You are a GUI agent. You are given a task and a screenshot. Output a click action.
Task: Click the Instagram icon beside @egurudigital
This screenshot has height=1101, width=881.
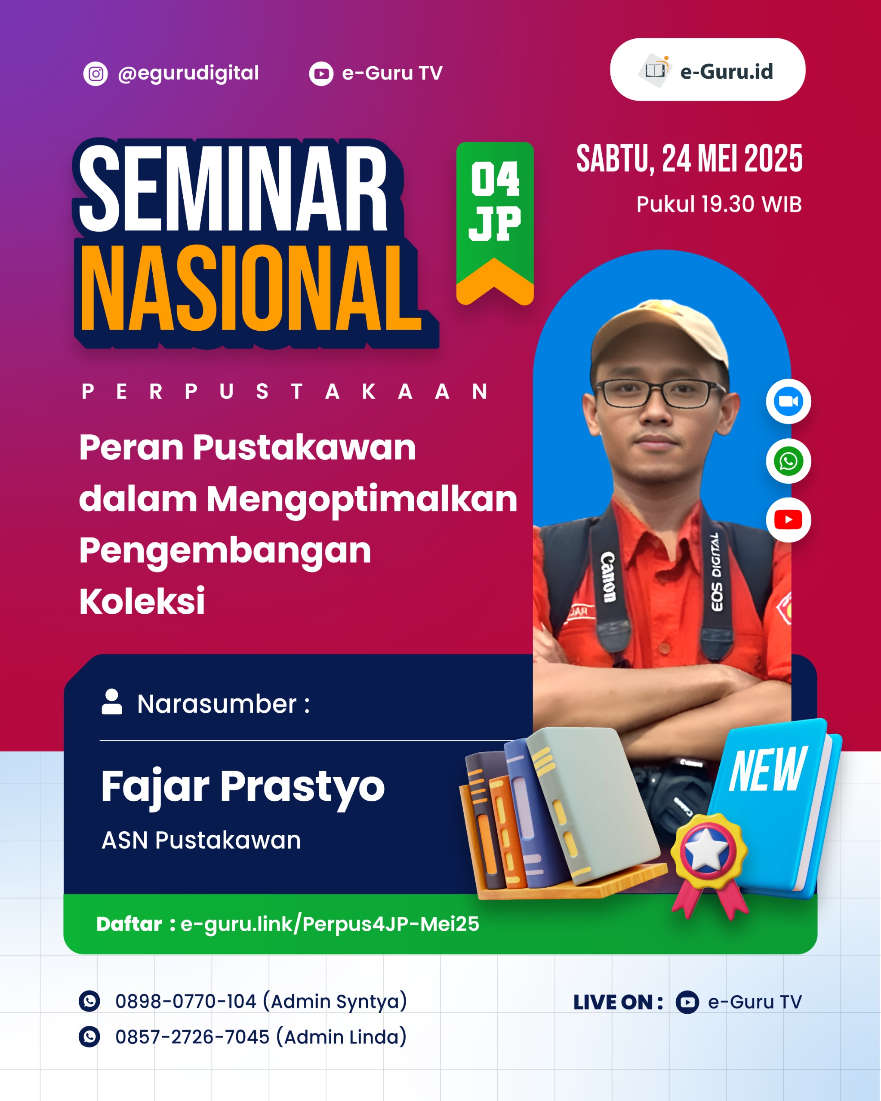(x=95, y=74)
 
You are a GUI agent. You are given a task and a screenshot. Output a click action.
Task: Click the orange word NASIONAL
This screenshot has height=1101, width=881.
(x=250, y=289)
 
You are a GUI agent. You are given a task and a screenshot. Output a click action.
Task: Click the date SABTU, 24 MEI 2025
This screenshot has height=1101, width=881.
(x=689, y=159)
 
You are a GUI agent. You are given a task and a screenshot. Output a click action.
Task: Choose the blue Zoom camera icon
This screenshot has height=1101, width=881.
(x=788, y=401)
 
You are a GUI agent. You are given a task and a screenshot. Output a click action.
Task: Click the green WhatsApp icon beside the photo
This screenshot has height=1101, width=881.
(x=788, y=461)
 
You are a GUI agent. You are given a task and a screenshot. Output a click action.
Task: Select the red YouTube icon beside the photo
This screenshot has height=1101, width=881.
(x=788, y=520)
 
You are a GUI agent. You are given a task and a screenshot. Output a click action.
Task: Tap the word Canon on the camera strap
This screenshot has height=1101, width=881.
(x=608, y=577)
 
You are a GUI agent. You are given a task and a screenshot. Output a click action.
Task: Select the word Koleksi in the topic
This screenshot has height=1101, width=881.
(x=142, y=601)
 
